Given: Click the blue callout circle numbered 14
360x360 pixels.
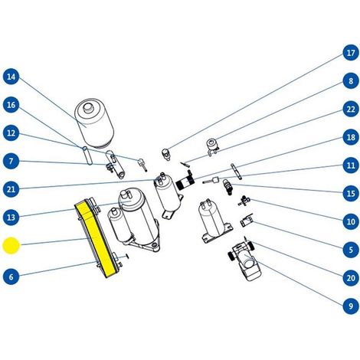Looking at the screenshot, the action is [x=11, y=77].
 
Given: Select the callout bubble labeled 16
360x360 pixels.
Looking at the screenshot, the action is [x=11, y=105].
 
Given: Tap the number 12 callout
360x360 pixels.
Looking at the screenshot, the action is [x=11, y=133].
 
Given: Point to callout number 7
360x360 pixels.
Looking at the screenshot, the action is [x=11, y=161].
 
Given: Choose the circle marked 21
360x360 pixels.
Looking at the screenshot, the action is [x=11, y=189].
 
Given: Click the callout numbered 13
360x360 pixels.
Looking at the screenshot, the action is [x=11, y=218].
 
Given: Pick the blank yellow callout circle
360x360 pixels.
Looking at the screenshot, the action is [x=11, y=246].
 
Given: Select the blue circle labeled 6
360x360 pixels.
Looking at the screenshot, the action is [x=11, y=277].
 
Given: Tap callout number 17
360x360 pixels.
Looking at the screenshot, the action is [x=351, y=53].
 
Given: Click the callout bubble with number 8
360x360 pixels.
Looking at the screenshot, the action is [x=351, y=81].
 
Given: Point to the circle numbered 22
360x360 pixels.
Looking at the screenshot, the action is [x=351, y=109].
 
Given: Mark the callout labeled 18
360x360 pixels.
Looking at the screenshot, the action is [x=351, y=137].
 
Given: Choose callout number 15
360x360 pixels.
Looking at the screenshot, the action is [x=351, y=193].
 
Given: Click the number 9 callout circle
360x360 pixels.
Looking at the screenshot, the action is [x=351, y=306].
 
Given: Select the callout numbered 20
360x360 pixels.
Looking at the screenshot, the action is [x=351, y=277].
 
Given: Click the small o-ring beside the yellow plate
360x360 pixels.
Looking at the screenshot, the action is [x=127, y=257].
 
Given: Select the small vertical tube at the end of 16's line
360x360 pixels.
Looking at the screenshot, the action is [x=87, y=155].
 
